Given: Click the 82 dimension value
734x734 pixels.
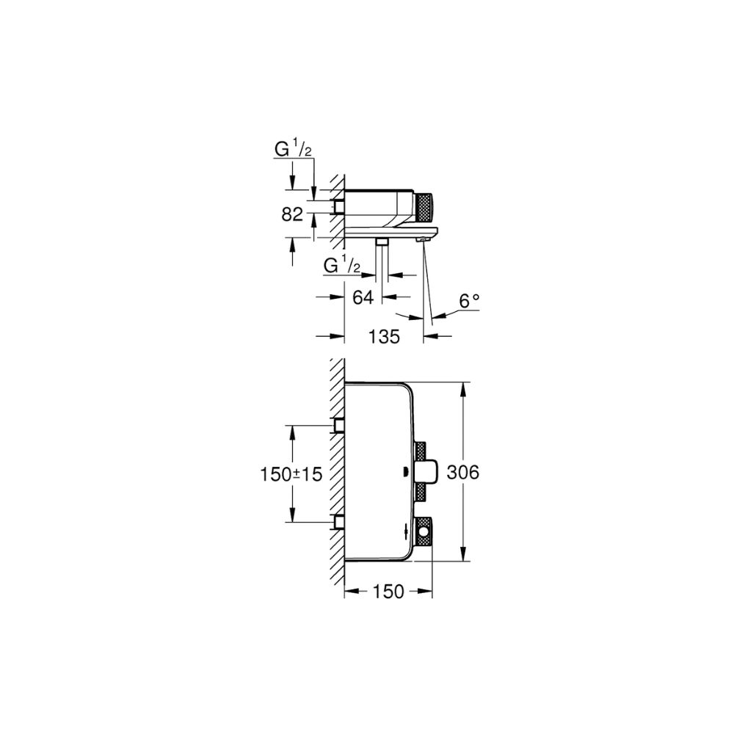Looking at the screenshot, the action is tap(292, 215).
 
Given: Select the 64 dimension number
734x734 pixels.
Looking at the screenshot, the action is tap(363, 297).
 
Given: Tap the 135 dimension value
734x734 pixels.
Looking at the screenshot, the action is tap(384, 336).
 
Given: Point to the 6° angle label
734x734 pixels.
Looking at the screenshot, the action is tap(469, 301).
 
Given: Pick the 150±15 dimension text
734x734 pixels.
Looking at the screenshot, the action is tap(291, 475).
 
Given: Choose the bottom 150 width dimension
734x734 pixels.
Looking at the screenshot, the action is tap(388, 592).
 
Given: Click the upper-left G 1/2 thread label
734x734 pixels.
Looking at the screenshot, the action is tap(293, 150).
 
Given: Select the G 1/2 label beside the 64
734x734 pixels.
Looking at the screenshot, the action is tap(342, 266).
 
